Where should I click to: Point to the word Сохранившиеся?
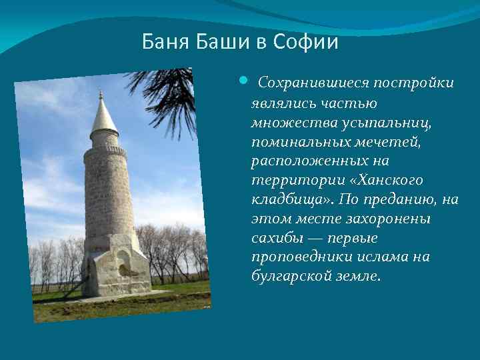(313, 83)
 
